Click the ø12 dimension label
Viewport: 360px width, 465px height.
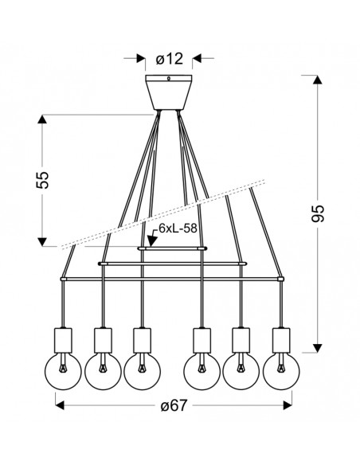[170, 59]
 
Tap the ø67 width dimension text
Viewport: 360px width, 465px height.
[174, 405]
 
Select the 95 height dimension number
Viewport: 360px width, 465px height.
[318, 213]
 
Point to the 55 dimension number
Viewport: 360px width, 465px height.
[42, 180]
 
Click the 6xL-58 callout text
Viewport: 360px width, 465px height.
[178, 229]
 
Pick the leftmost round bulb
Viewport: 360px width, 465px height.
[63, 371]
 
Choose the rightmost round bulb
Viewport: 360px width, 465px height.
[281, 371]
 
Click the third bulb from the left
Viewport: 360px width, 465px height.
[142, 371]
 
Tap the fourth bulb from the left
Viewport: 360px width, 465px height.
[202, 371]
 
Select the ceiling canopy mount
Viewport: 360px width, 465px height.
[168, 92]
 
